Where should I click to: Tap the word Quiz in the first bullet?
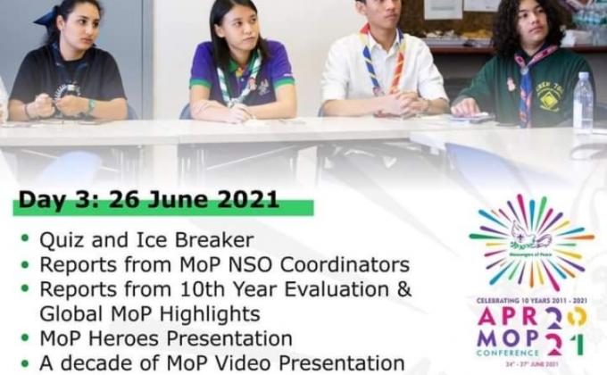59,240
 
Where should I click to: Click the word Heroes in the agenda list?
118,339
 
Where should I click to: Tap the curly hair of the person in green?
527,22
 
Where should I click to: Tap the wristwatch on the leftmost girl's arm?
89,105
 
